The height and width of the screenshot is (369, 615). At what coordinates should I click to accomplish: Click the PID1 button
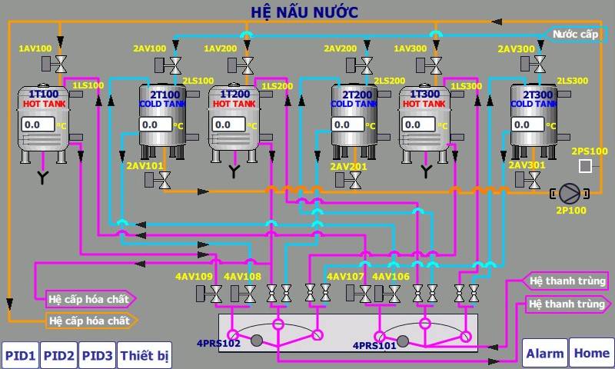coord(20,355)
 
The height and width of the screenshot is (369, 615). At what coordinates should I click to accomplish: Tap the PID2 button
coord(58,355)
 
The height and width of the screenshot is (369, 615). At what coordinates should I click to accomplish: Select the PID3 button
coord(97,355)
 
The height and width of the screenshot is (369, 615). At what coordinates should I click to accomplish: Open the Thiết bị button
coord(145,355)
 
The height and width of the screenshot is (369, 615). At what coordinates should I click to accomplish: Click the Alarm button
coord(544,354)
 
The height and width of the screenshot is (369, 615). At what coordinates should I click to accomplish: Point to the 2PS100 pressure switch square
coord(585,165)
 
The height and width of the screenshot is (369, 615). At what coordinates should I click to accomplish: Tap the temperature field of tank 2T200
coord(348,124)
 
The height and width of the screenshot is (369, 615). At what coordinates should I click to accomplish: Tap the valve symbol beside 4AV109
coord(216,293)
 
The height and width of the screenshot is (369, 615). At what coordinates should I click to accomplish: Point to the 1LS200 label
coord(278,85)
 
